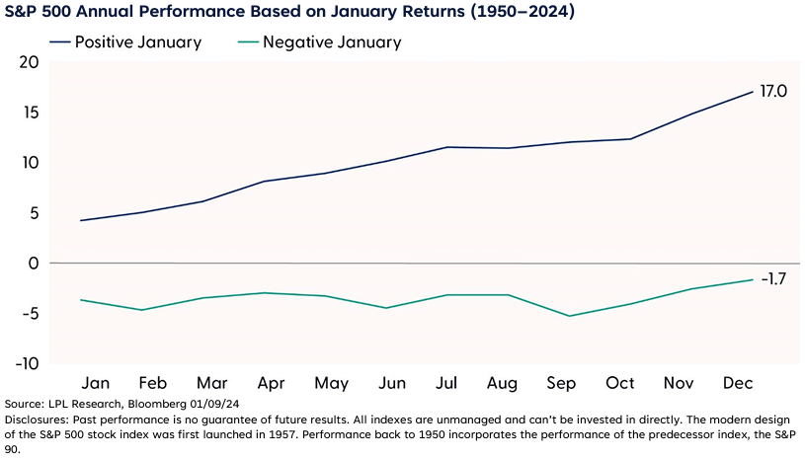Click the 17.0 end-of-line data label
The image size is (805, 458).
pyautogui.click(x=772, y=91)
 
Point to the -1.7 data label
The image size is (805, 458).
pyautogui.click(x=772, y=279)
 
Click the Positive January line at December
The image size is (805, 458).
pyautogui.click(x=753, y=92)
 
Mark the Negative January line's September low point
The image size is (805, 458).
pyautogui.click(x=569, y=316)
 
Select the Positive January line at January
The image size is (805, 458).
pyautogui.click(x=81, y=220)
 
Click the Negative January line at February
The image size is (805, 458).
pyautogui.click(x=142, y=310)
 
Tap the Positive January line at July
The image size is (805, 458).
pyautogui.click(x=447, y=147)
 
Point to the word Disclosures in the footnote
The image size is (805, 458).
pyautogui.click(x=34, y=420)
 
